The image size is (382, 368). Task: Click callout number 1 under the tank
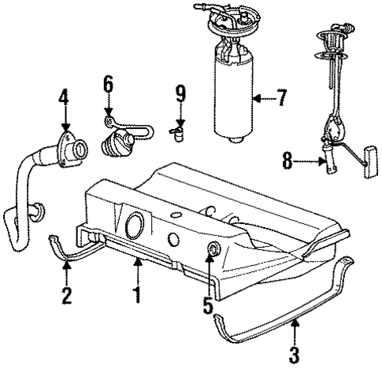(137, 297)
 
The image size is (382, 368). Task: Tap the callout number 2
(66, 296)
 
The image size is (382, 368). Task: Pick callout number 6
(109, 83)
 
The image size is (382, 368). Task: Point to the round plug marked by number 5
(211, 250)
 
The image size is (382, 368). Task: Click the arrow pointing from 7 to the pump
(263, 99)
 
